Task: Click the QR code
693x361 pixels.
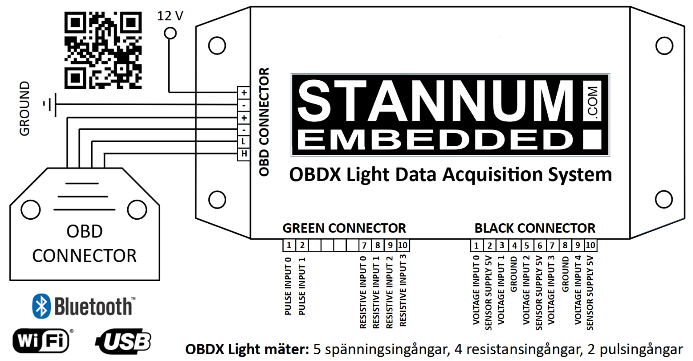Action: tap(103, 50)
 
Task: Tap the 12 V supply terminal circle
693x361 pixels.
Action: tap(170, 33)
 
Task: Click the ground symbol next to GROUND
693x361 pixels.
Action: tap(50, 105)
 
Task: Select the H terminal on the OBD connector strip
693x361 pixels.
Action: tap(244, 154)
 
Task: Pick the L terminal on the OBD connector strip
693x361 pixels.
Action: tap(244, 142)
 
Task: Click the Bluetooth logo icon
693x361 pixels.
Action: tap(42, 306)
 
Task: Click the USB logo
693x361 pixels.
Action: tap(124, 342)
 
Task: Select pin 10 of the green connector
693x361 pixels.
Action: tap(403, 245)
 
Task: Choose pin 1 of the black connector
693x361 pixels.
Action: tap(477, 245)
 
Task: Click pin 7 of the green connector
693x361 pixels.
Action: tap(364, 245)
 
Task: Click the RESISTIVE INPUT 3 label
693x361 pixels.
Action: tap(402, 290)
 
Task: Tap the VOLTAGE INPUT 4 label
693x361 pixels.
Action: tap(578, 290)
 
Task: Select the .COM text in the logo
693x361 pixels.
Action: tap(593, 101)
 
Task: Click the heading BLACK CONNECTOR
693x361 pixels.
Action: tap(535, 228)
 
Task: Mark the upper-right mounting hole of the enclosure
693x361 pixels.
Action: tap(664, 46)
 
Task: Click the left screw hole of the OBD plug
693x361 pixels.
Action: tap(31, 210)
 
